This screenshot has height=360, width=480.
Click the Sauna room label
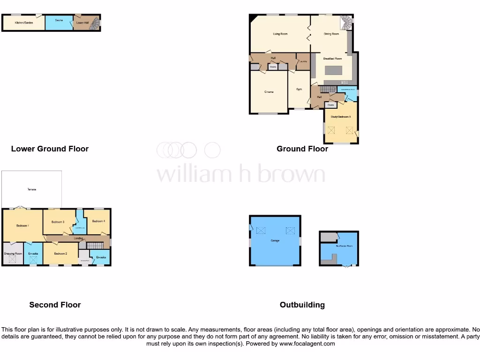tap(59, 20)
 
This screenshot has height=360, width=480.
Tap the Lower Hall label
tap(82, 22)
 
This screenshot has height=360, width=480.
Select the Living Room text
tap(280, 34)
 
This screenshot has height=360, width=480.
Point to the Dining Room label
tap(331, 34)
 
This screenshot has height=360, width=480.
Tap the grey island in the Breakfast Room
tap(333, 71)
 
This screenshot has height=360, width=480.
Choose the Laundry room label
tap(303, 61)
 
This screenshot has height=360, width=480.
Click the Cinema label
tap(269, 92)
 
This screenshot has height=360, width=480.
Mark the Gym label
tap(299, 89)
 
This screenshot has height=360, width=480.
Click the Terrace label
tap(31, 189)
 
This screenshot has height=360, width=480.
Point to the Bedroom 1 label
tap(22, 226)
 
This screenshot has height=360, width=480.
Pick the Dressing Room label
tap(13, 254)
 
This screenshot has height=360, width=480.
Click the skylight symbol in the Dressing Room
tap(13, 259)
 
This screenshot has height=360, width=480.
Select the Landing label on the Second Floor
tap(78, 239)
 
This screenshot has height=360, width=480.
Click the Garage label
tap(275, 240)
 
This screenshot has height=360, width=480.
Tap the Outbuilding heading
tap(302, 305)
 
